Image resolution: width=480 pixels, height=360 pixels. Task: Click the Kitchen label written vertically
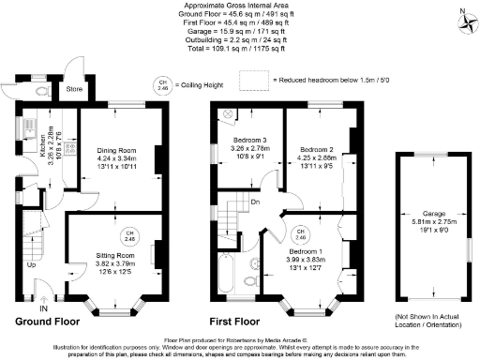click(42, 142)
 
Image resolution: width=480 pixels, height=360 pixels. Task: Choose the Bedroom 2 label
click(317, 149)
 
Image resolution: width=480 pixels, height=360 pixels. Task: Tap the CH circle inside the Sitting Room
click(131, 235)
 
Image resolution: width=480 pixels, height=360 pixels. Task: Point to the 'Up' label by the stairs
click(30, 264)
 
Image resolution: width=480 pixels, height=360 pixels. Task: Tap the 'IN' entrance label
click(42, 307)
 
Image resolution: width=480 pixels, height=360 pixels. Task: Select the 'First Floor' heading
click(240, 320)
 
